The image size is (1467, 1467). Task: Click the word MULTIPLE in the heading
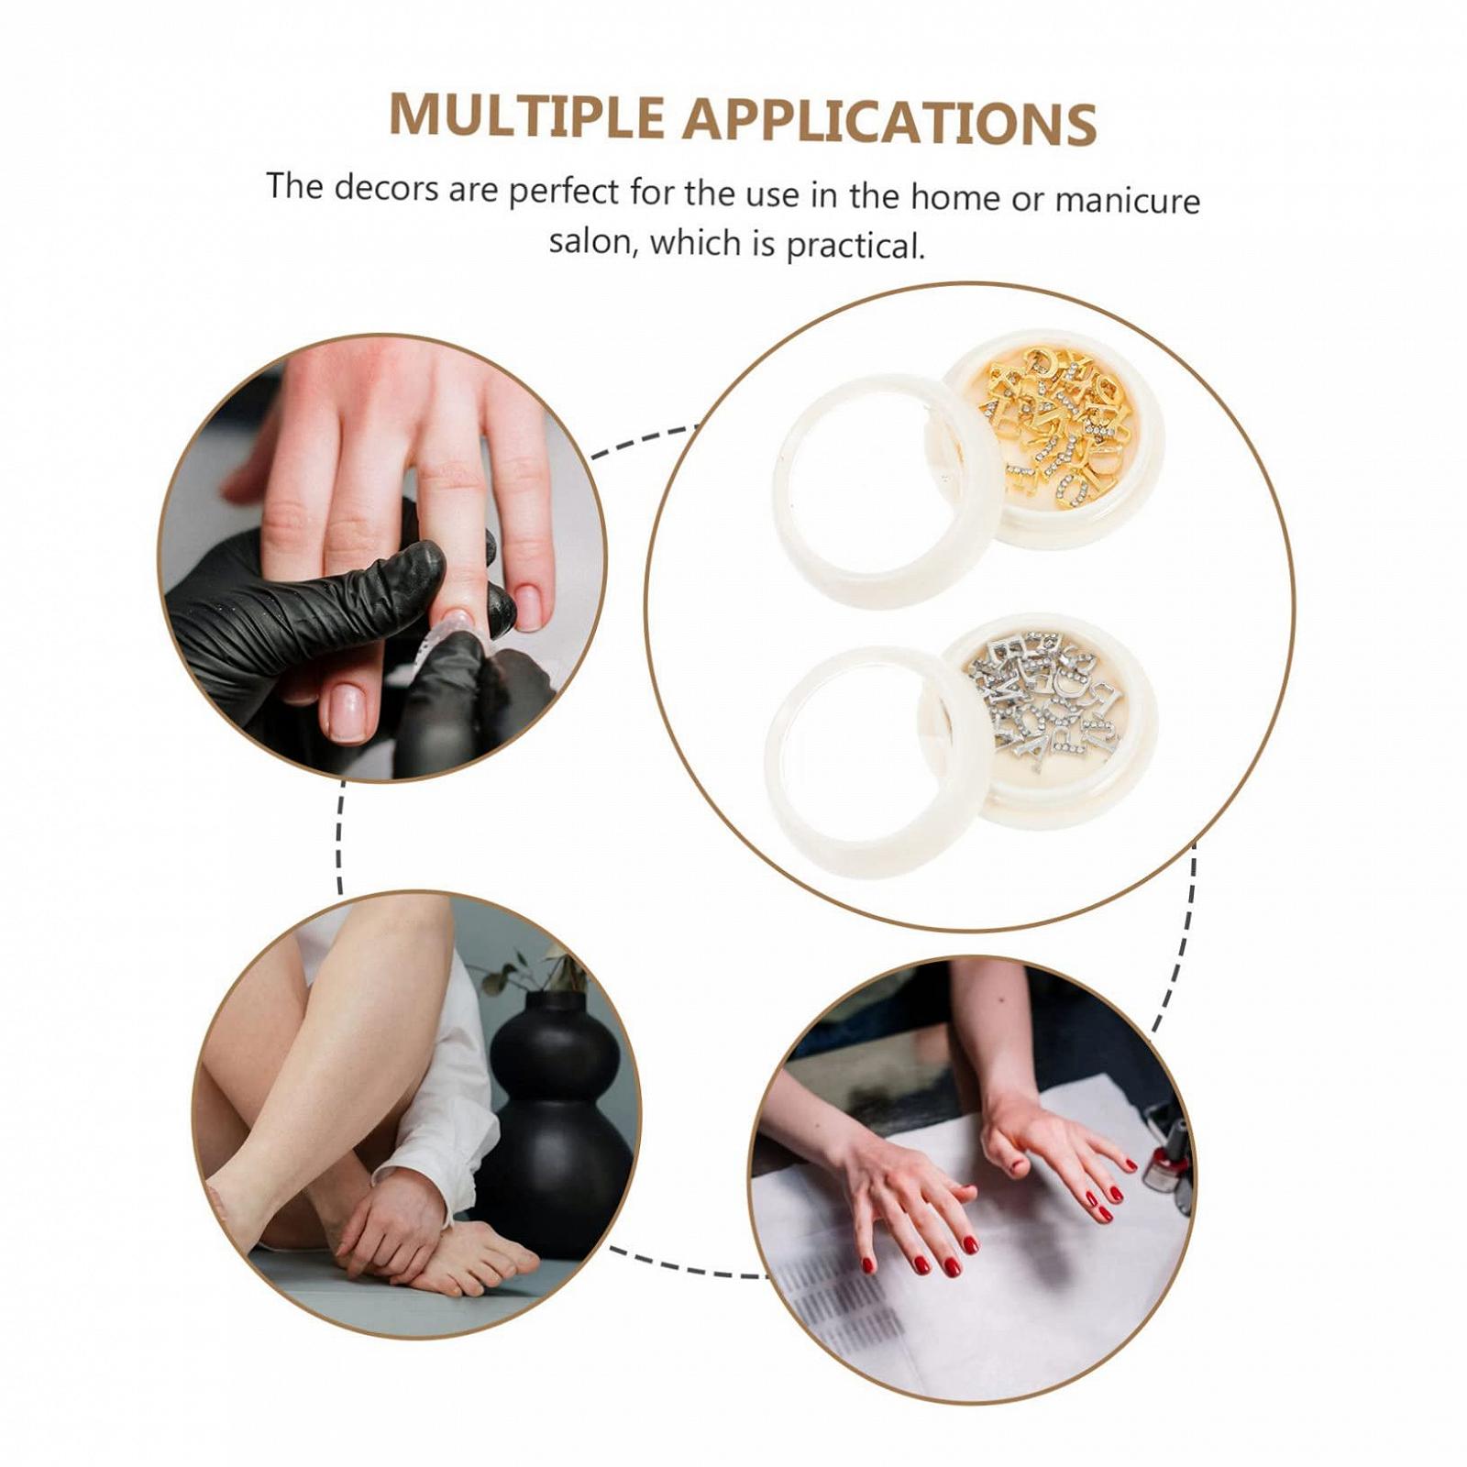(x=526, y=116)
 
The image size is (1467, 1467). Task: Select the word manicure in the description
(x=1127, y=199)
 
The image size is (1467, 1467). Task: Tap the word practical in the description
(x=854, y=246)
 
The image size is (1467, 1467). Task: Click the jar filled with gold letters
(x=1054, y=436)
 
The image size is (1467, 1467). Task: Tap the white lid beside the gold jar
(x=885, y=491)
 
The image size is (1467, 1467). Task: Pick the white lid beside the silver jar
(x=878, y=763)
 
